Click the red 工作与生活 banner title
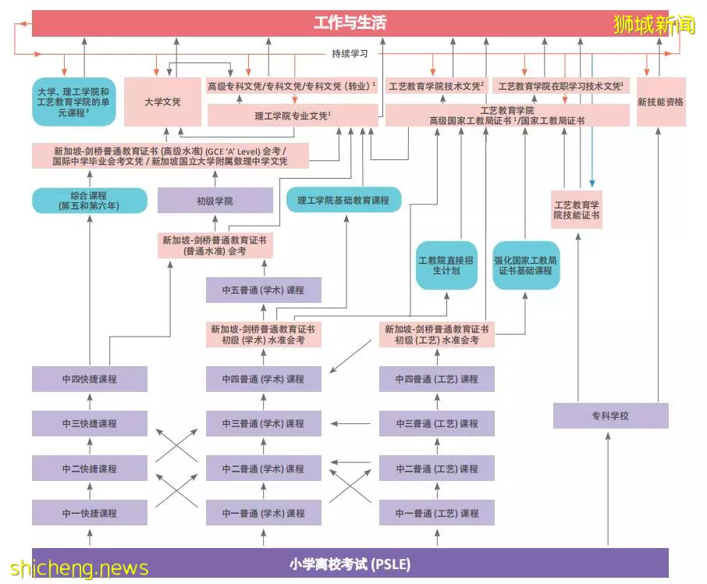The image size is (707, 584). [350, 23]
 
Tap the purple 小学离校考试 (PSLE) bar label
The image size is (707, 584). [350, 564]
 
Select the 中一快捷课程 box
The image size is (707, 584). [90, 513]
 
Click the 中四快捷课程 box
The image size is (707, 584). [90, 379]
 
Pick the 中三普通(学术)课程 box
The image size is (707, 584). [263, 423]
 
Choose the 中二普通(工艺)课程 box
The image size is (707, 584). [437, 468]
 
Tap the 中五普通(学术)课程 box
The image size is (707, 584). [263, 290]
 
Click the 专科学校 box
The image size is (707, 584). [610, 415]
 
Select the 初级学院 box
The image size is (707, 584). [215, 200]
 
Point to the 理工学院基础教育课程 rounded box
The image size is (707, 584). [343, 200]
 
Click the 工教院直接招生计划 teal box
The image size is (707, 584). [446, 265]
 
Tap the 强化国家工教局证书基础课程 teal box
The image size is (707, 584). [526, 265]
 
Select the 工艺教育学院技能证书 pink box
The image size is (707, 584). [577, 210]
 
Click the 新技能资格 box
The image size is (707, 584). [661, 102]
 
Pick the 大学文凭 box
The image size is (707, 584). [162, 102]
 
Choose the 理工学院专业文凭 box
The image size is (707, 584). [293, 116]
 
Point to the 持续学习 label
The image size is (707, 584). [350, 54]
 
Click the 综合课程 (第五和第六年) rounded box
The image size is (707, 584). [90, 201]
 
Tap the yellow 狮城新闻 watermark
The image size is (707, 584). [654, 24]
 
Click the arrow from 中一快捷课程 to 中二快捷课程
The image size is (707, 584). [90, 490]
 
